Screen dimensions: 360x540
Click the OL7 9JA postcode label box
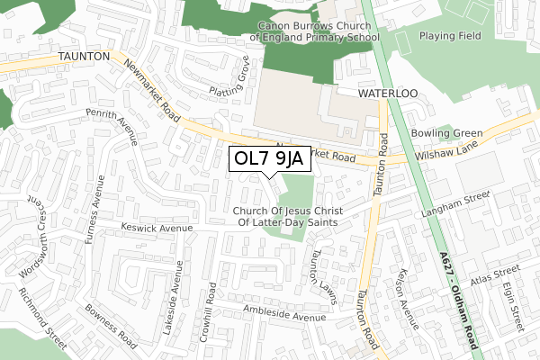coord(270,158)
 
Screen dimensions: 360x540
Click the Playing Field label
coord(450,37)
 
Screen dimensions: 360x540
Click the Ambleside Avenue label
coord(283,314)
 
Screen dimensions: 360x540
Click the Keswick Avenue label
coord(157,229)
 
